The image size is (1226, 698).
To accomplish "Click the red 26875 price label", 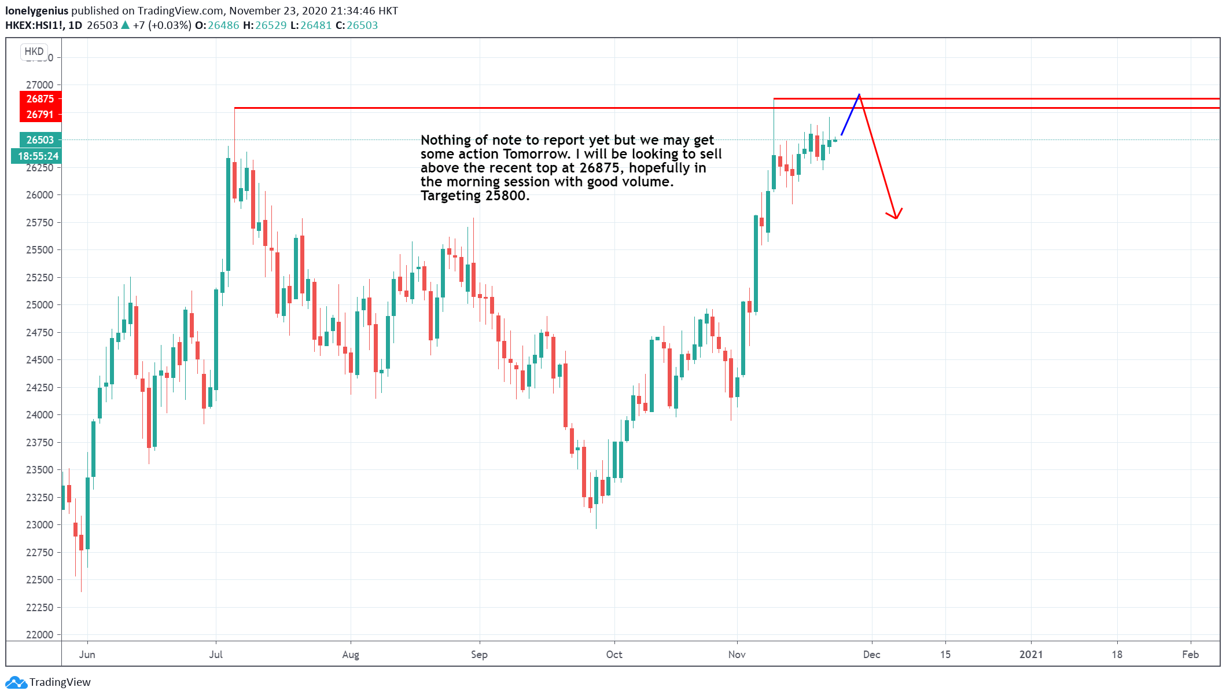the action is coord(40,99).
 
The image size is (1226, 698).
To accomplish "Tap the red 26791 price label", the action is coord(40,115).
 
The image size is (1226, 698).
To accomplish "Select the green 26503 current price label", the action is coord(40,140).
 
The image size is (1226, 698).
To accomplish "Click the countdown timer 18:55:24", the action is coord(38,156).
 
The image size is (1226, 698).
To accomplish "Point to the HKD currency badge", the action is coord(34,52).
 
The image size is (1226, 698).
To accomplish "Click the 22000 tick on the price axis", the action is coord(39,634).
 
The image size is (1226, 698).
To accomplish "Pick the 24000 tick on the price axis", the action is coord(39,414).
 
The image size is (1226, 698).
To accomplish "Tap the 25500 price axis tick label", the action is coord(39,249).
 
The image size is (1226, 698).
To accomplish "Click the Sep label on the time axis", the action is coord(479,655).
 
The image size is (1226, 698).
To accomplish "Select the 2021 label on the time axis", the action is coord(1031,655).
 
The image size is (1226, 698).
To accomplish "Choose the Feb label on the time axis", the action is coord(1190,655).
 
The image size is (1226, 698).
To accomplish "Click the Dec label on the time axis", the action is coord(871,655).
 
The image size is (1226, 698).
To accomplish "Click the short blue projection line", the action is coord(851,115).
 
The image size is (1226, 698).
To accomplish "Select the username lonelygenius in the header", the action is coord(36,11).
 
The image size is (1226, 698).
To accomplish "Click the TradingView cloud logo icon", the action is coord(16,682).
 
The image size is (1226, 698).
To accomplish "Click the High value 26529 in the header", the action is coord(271,25).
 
